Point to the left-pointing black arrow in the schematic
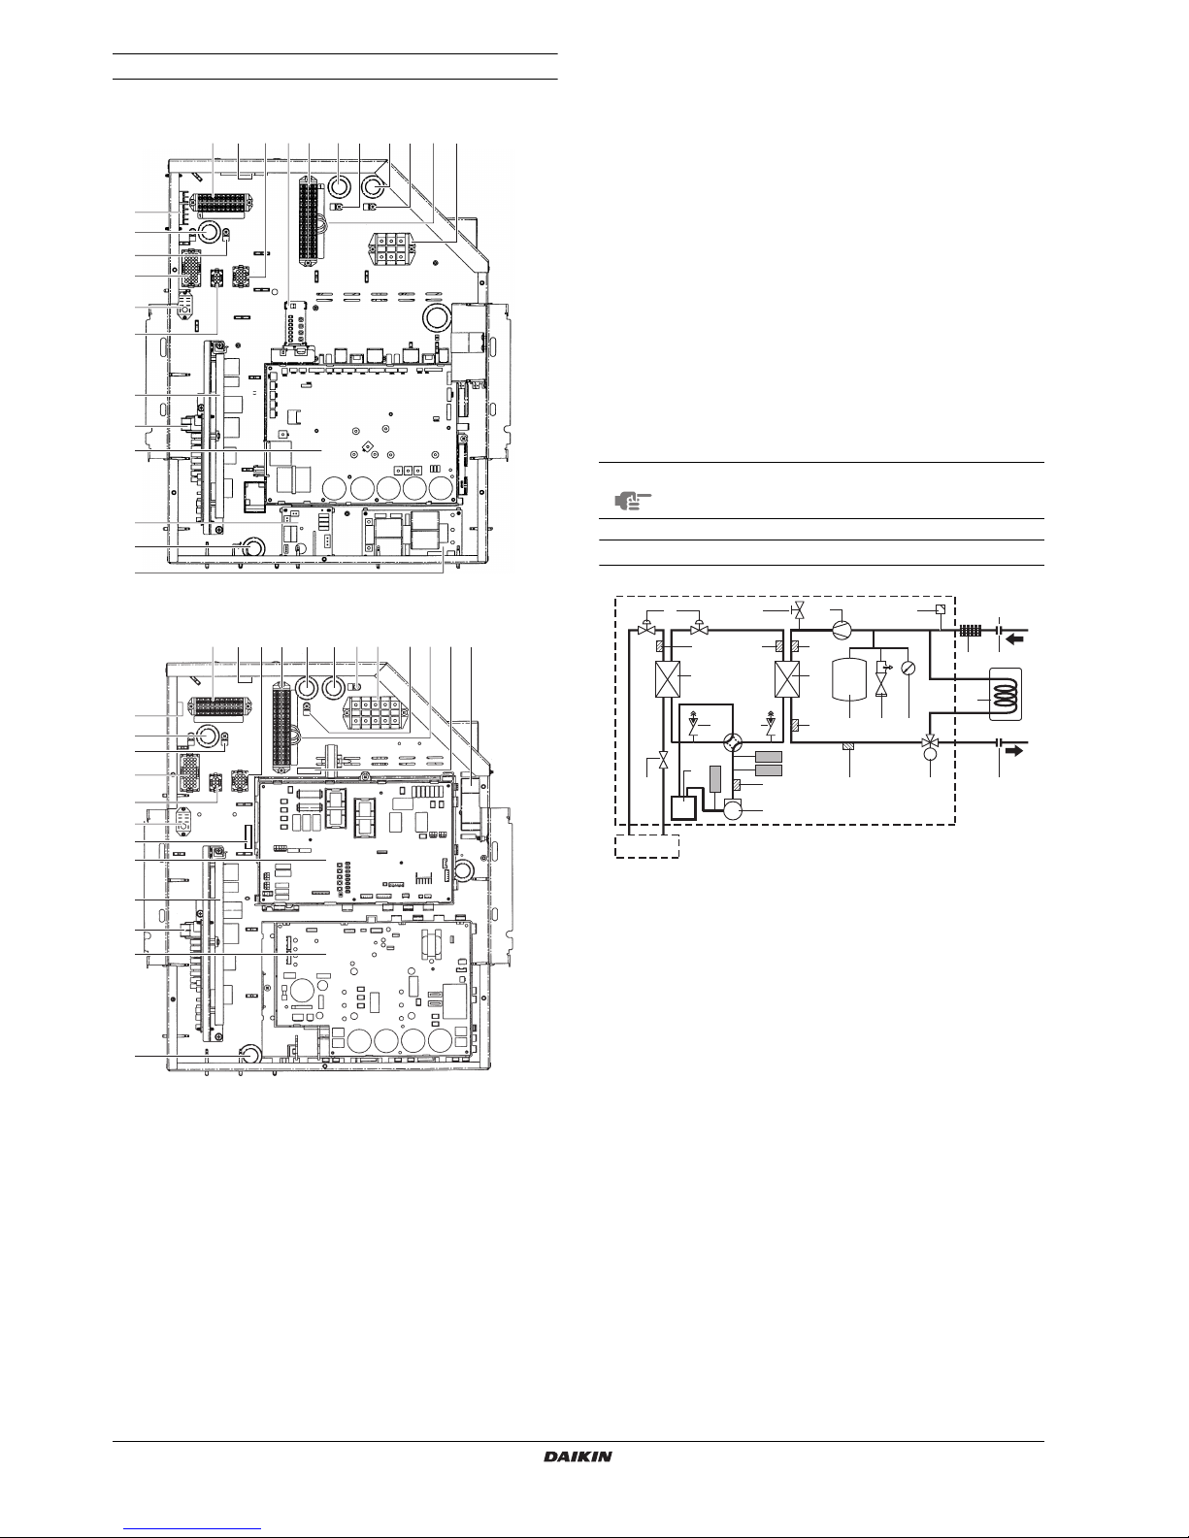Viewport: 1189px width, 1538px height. coord(1014,639)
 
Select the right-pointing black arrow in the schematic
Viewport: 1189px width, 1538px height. coord(1014,750)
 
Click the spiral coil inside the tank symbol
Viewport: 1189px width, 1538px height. coord(1006,694)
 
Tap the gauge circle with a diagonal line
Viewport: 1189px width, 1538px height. coord(908,667)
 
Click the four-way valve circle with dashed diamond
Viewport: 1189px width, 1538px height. coord(734,741)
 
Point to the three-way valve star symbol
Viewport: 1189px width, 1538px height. coord(929,742)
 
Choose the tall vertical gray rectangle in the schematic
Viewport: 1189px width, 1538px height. coord(714,778)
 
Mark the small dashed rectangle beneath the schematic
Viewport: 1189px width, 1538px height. coord(646,846)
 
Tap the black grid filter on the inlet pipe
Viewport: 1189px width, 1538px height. coord(970,630)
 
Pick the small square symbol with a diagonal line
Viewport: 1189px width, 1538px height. coord(940,609)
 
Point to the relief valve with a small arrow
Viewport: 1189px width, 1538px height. coord(882,668)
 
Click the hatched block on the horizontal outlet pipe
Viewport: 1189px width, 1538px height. coord(849,744)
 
